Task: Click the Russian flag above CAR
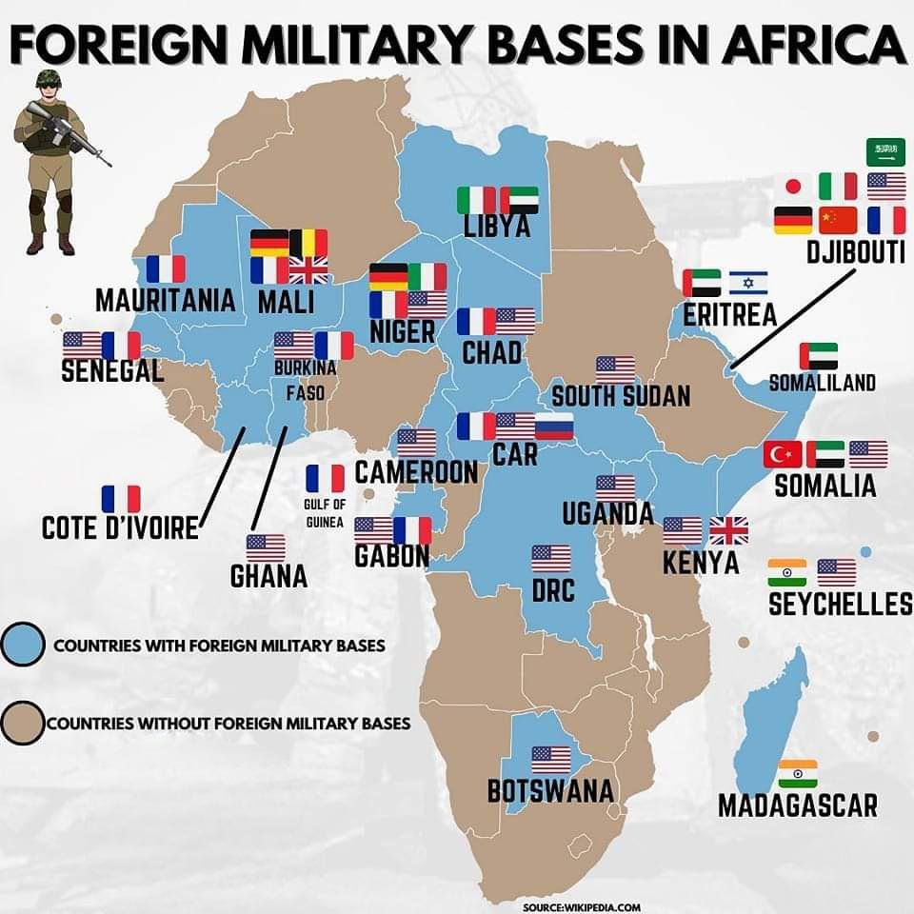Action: pyautogui.click(x=554, y=427)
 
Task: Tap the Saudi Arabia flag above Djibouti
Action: pyautogui.click(x=885, y=150)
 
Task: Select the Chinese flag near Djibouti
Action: pyautogui.click(x=838, y=220)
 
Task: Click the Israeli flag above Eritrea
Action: pyautogui.click(x=748, y=283)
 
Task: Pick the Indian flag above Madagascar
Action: pyautogui.click(x=797, y=773)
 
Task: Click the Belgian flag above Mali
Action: pyautogui.click(x=308, y=244)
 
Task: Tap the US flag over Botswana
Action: pyautogui.click(x=551, y=760)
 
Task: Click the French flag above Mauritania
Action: pyautogui.click(x=166, y=269)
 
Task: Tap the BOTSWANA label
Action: pyautogui.click(x=550, y=790)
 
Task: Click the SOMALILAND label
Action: pyautogui.click(x=822, y=383)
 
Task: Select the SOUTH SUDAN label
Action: pyautogui.click(x=620, y=395)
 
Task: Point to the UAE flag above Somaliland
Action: pyautogui.click(x=819, y=356)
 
